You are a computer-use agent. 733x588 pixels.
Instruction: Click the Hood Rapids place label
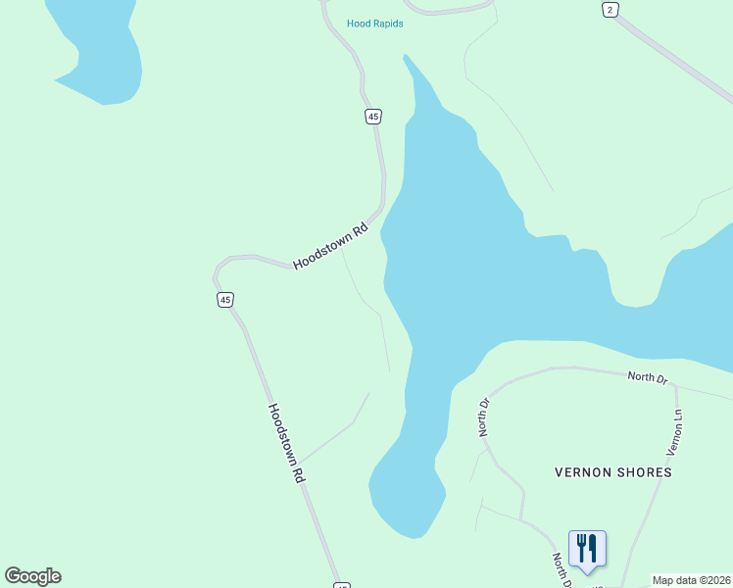point(374,24)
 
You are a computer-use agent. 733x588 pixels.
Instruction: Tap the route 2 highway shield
point(611,9)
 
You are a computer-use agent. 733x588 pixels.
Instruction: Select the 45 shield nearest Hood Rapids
point(372,117)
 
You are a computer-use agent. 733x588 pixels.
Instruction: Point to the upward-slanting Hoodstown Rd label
point(331,246)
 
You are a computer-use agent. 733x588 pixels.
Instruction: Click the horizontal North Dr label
point(647,376)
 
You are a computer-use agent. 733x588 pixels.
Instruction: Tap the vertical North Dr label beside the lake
point(484,416)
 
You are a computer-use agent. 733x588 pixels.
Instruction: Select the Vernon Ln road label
point(674,432)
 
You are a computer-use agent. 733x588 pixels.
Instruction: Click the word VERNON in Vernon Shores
point(584,472)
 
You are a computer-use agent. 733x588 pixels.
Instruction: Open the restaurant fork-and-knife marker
point(587,548)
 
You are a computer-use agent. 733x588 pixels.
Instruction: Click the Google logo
point(32,576)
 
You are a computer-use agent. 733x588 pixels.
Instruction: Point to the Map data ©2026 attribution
point(691,580)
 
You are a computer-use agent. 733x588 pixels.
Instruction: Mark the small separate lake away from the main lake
point(98,49)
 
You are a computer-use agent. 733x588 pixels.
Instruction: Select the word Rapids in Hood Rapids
point(387,24)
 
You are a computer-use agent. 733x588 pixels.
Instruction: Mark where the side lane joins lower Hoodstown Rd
point(298,462)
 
